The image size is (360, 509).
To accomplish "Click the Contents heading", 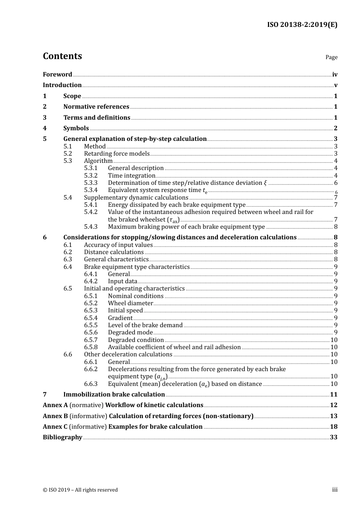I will point(62,56).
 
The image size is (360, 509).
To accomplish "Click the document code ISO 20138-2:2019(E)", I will point(302,25).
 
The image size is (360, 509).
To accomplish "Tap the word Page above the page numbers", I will point(331,57).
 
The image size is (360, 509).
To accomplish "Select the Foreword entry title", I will point(57,75).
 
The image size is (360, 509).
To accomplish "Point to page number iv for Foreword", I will point(335,75).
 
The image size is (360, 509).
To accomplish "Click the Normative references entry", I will point(96,107).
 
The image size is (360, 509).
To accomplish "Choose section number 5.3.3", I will point(91,183).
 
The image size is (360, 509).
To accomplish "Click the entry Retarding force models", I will point(117,154).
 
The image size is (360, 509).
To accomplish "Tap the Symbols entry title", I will point(76,128).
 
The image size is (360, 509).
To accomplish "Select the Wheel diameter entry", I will point(130,303).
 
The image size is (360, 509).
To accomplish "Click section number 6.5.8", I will point(91,347).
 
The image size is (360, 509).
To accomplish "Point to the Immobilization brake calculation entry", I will point(114,395).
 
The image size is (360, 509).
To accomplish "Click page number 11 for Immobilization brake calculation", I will point(333,395).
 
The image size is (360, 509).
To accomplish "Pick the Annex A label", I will point(55,405).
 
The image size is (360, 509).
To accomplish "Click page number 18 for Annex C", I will point(333,427).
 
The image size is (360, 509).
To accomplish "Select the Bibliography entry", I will point(63,437).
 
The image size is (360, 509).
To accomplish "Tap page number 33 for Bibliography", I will point(333,437).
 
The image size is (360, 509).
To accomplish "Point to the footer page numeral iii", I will point(335,490).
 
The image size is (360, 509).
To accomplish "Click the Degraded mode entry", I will point(130,333).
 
